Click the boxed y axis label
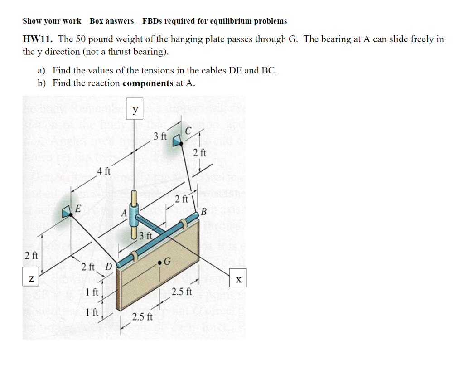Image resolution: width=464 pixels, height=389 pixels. pyautogui.click(x=135, y=110)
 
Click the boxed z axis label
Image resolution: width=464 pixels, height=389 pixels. pyautogui.click(x=31, y=277)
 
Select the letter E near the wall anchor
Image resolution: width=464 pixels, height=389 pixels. pyautogui.click(x=77, y=209)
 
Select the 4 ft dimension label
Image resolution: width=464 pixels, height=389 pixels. pyautogui.click(x=104, y=171)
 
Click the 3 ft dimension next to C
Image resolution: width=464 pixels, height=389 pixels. pyautogui.click(x=160, y=136)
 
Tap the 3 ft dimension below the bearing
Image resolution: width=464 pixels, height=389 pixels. pyautogui.click(x=145, y=235)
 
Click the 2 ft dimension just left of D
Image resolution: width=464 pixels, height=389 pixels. pyautogui.click(x=88, y=266)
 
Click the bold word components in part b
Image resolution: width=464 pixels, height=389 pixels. pyautogui.click(x=148, y=83)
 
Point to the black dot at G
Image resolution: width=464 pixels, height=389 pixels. pyautogui.click(x=160, y=262)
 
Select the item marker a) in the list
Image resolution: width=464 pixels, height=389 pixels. pyautogui.click(x=42, y=70)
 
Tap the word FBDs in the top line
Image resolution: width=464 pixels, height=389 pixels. pyautogui.click(x=152, y=21)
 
